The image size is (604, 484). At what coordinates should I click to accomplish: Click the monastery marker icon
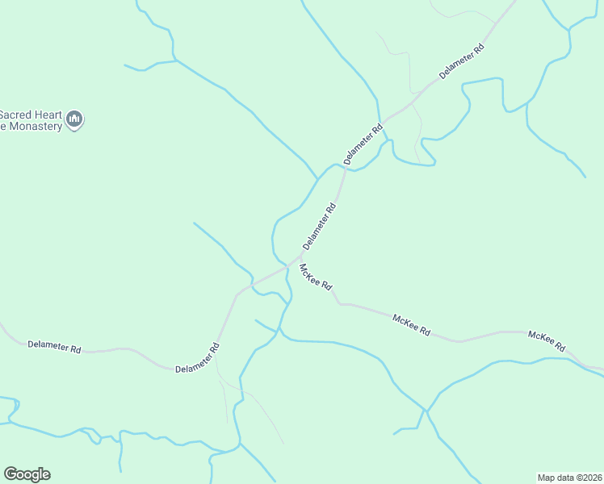click(74, 120)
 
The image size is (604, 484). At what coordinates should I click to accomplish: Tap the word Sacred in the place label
click(16, 114)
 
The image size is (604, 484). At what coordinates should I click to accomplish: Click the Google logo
click(27, 474)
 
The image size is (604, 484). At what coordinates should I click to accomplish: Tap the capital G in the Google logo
click(10, 474)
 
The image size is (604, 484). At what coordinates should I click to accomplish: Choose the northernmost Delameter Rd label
click(462, 60)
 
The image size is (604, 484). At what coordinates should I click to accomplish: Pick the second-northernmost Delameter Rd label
click(363, 144)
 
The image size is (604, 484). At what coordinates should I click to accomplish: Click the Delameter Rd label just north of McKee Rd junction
click(319, 226)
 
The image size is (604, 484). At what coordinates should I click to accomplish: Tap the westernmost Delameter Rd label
click(54, 348)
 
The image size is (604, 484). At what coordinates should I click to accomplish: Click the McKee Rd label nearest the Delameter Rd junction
click(316, 277)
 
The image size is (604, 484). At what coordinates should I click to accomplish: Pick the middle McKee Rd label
click(411, 325)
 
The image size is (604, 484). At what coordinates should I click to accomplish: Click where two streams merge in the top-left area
click(175, 60)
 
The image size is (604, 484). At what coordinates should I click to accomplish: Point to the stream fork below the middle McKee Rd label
click(426, 411)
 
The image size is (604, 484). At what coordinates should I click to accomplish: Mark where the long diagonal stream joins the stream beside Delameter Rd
click(317, 178)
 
